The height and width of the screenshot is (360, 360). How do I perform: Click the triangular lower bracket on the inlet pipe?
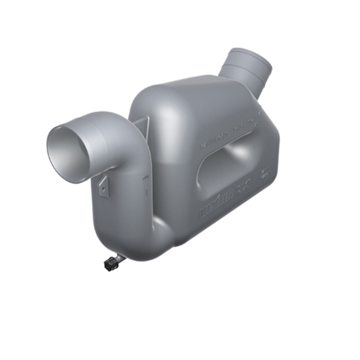point(103,186)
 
